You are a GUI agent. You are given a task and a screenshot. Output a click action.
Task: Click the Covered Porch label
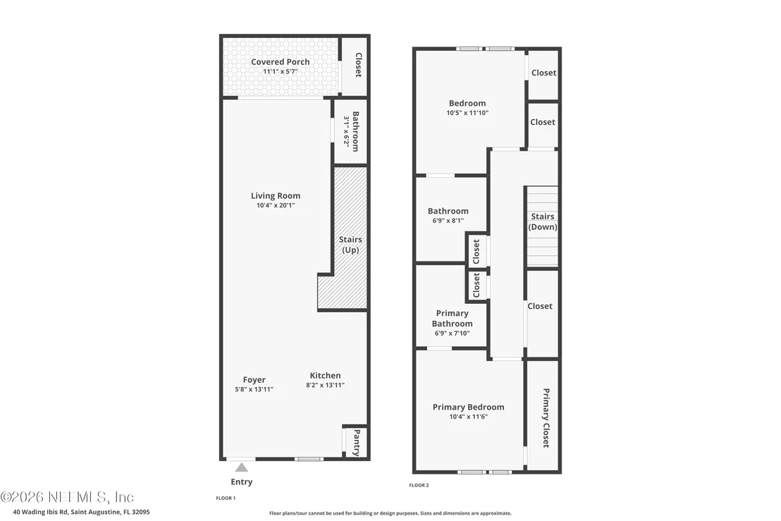point(281,62)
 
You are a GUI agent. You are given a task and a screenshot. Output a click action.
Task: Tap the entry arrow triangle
point(242,467)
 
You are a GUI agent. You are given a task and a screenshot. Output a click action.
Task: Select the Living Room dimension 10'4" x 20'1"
point(276,205)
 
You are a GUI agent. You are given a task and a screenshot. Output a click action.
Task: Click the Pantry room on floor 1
point(356,442)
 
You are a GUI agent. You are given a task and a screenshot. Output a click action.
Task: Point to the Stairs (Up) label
point(350,245)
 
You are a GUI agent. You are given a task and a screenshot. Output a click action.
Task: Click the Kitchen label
point(325,376)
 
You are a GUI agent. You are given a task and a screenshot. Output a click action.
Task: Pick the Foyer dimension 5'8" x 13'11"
point(254,389)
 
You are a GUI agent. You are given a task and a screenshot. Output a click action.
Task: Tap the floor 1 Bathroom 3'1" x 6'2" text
point(351,131)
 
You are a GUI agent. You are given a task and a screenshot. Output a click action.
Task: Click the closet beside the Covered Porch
point(354,66)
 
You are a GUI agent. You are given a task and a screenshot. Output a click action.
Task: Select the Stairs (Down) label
point(543,221)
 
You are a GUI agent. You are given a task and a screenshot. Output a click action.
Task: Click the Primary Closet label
point(546,418)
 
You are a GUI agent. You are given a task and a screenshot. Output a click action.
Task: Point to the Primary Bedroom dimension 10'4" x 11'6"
point(468,417)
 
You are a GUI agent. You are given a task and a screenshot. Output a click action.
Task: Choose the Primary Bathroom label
point(453,318)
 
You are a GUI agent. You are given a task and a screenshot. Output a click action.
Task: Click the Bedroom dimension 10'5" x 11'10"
point(467,113)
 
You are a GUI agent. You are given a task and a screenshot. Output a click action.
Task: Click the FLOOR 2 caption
point(419,485)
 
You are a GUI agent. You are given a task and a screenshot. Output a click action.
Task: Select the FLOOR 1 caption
point(226,498)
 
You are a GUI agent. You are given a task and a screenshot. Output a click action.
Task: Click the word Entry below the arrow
point(242,482)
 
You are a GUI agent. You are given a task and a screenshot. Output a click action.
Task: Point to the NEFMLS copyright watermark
point(67,497)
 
